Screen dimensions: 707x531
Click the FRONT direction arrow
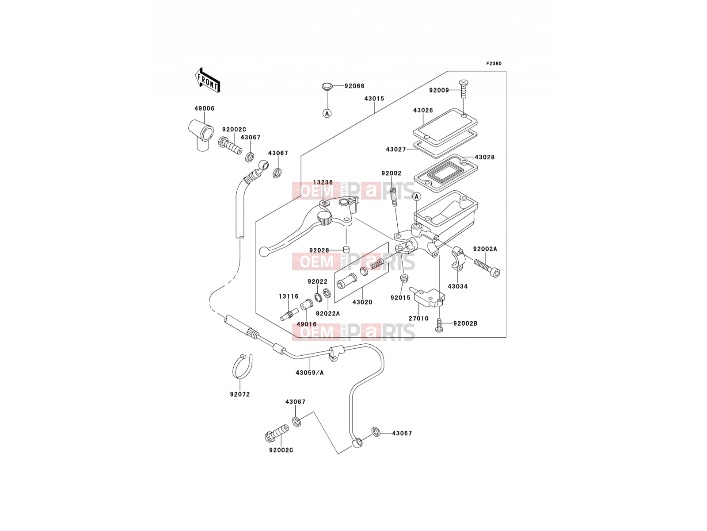[x=207, y=81]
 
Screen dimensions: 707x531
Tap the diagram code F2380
[x=494, y=64]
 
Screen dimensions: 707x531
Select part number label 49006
[x=204, y=109]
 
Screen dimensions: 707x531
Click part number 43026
[x=423, y=110]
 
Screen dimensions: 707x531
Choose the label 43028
[x=484, y=158]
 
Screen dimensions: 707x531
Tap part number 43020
[x=362, y=302]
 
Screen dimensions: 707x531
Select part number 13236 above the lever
[x=323, y=182]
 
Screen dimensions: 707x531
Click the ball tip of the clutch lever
[x=264, y=252]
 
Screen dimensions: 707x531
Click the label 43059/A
[x=310, y=373]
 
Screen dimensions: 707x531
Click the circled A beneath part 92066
[x=327, y=113]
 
